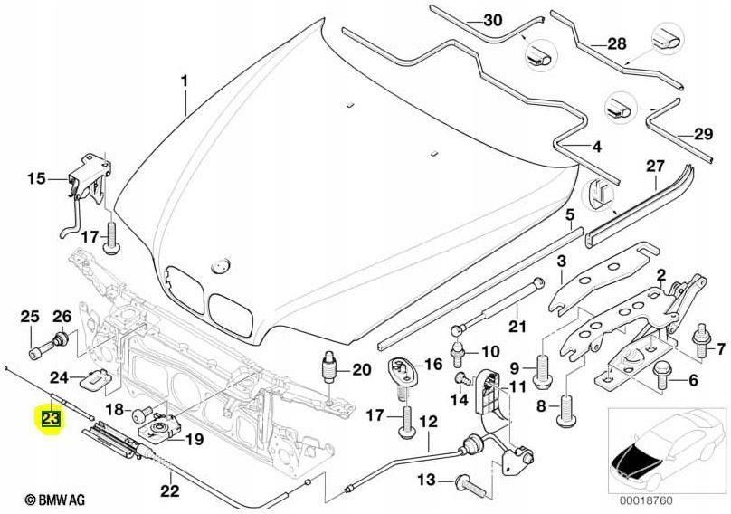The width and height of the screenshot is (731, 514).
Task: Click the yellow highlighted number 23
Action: pyautogui.click(x=48, y=420)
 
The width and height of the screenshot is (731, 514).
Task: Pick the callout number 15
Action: pyautogui.click(x=34, y=179)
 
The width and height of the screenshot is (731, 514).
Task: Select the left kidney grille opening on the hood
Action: pyautogui.click(x=185, y=291)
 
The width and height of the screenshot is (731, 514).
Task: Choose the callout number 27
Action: pyautogui.click(x=654, y=166)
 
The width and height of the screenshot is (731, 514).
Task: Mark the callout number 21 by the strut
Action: pyautogui.click(x=517, y=327)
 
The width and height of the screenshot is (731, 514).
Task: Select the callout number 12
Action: pyautogui.click(x=428, y=422)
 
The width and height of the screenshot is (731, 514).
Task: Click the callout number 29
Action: pyautogui.click(x=702, y=135)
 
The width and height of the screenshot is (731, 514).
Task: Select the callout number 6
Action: pyautogui.click(x=693, y=381)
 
